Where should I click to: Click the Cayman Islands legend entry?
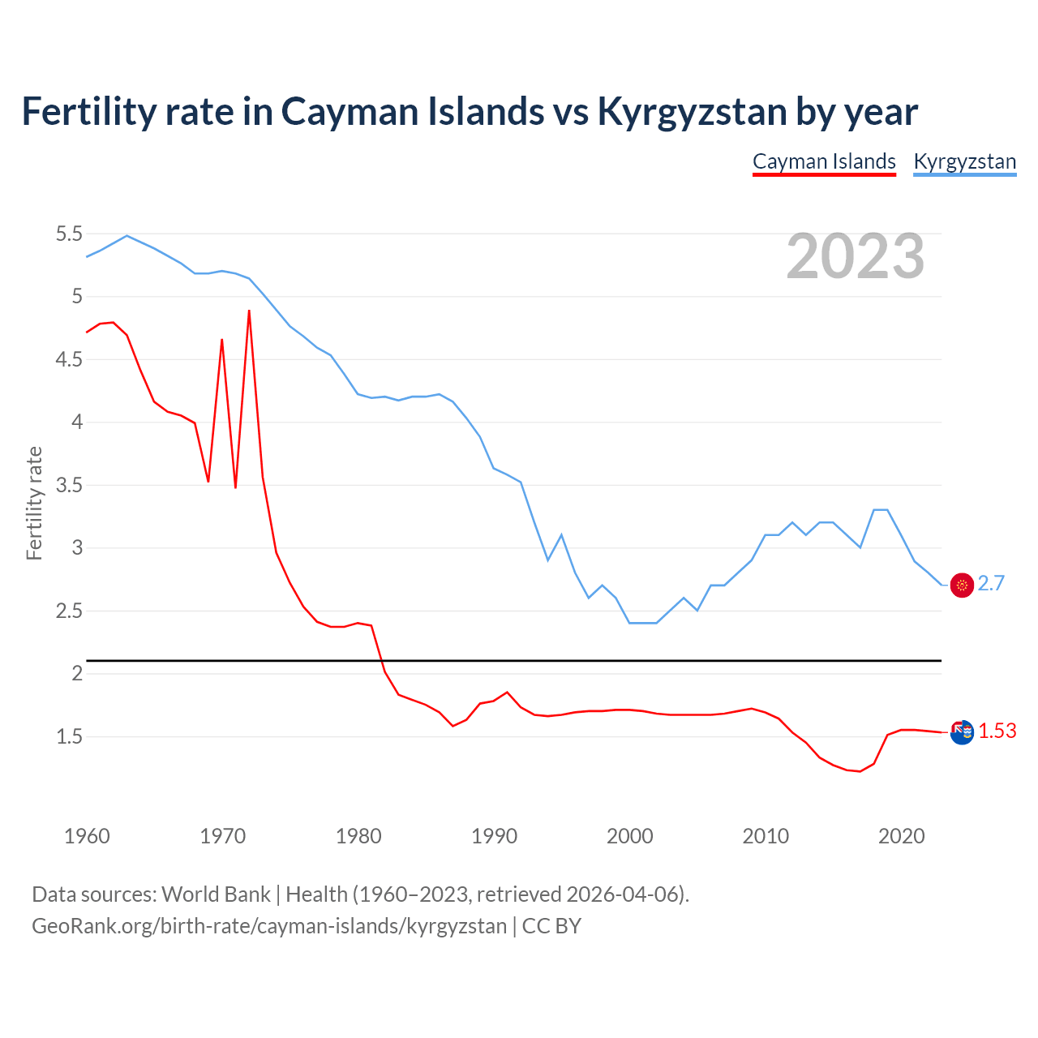point(824,161)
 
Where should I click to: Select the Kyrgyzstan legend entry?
point(964,161)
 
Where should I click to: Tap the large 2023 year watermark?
point(856,256)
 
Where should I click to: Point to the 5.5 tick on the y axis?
point(69,234)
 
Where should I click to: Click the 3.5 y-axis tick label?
point(69,486)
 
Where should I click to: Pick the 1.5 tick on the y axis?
point(69,736)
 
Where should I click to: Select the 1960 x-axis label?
point(87,836)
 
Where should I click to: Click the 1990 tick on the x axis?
point(494,836)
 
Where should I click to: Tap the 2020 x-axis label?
point(901,836)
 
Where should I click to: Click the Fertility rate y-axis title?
point(34,503)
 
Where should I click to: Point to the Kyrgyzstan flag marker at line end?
point(962,585)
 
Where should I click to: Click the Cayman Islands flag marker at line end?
point(962,732)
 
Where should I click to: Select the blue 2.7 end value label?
point(991,584)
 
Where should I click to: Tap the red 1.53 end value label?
point(997,731)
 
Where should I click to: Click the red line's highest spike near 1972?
point(249,311)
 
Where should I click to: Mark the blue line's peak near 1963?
point(127,236)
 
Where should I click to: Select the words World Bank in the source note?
point(216,894)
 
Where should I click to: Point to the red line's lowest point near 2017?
point(860,771)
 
